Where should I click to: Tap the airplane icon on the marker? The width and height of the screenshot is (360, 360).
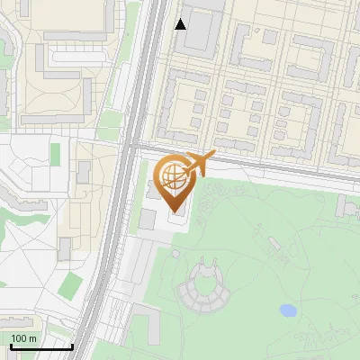pyautogui.click(x=201, y=164)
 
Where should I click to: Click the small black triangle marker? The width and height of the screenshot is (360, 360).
pyautogui.click(x=181, y=24)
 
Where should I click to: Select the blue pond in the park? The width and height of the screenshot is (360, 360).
pyautogui.click(x=288, y=310)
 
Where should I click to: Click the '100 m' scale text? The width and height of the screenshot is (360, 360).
pyautogui.click(x=24, y=338)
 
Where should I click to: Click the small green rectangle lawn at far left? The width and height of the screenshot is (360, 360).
pyautogui.click(x=56, y=154)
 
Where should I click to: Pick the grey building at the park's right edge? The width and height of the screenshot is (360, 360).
pyautogui.click(x=346, y=206)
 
